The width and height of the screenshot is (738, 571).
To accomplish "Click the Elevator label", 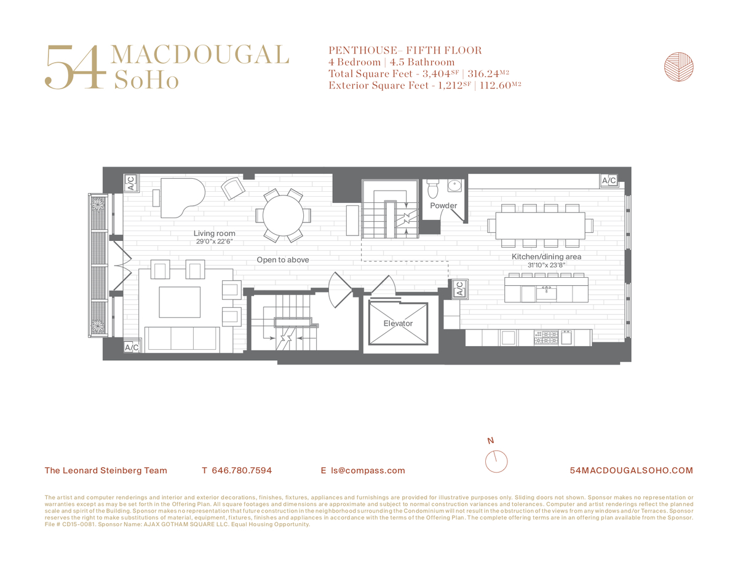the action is pos(398,323).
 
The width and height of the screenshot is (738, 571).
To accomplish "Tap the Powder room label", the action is pos(443,205).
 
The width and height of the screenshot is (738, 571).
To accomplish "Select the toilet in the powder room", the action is pos(432,189).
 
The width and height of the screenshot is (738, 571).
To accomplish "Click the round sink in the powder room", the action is pos(454,186).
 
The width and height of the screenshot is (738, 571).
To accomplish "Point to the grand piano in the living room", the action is pos(181,197).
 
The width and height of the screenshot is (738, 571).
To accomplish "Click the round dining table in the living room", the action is pos(283,216).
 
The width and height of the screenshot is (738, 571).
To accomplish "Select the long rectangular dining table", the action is pos(540,226).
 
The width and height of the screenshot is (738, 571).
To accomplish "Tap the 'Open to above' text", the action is pos(282,259).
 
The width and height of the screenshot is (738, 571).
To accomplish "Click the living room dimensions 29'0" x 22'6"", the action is pos(214,242).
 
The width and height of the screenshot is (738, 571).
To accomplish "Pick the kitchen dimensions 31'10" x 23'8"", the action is pos(546,265).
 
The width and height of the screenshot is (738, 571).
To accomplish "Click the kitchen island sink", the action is pos(546,293).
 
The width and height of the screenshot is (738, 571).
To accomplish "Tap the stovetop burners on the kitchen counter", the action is pos(546,337).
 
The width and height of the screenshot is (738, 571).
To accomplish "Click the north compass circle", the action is pos(496,462).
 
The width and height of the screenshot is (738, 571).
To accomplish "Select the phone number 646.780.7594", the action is pos(242,470).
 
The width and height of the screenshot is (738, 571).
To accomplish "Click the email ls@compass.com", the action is pos(368,470).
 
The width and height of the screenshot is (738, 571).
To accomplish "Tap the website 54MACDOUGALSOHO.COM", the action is pos(632,470).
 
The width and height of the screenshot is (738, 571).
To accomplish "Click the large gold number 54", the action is pos(76,67).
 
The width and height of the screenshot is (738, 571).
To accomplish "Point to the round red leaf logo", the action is pos(678,67).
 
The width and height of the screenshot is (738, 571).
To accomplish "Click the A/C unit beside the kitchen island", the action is pos(460,289).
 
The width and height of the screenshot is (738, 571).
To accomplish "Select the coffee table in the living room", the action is pos(180,302).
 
